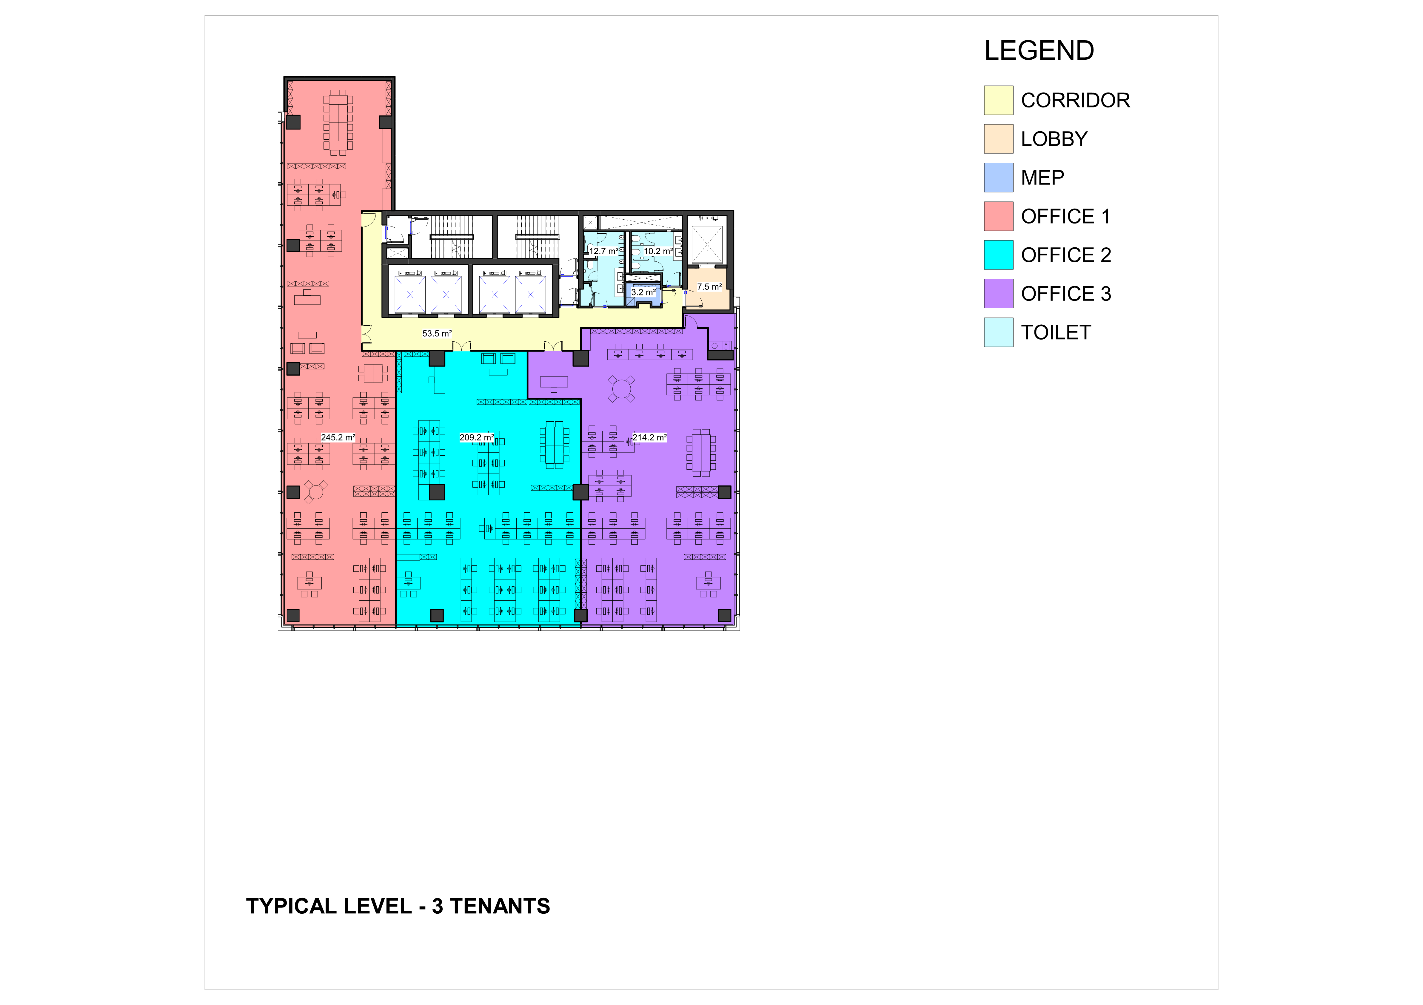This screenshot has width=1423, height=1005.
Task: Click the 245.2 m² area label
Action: tap(338, 437)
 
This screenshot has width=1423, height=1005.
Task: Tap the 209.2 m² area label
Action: tap(477, 437)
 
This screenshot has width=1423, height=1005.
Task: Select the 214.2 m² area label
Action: tap(649, 437)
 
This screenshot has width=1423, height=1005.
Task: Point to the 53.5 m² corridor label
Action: tap(437, 333)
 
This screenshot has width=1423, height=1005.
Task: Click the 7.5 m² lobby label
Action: tap(709, 287)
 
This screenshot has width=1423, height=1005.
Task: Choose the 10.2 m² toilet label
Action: tap(658, 251)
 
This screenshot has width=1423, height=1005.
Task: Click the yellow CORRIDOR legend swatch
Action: tap(998, 100)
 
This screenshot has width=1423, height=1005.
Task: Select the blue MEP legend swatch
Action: tap(998, 178)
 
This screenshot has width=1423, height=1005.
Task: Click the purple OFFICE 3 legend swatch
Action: tap(998, 294)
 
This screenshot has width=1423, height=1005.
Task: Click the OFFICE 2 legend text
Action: tap(1066, 255)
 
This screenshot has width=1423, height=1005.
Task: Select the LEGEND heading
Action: tap(1039, 51)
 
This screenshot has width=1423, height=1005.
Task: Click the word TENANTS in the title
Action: tap(500, 907)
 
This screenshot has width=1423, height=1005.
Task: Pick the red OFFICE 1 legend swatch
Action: tap(998, 216)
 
